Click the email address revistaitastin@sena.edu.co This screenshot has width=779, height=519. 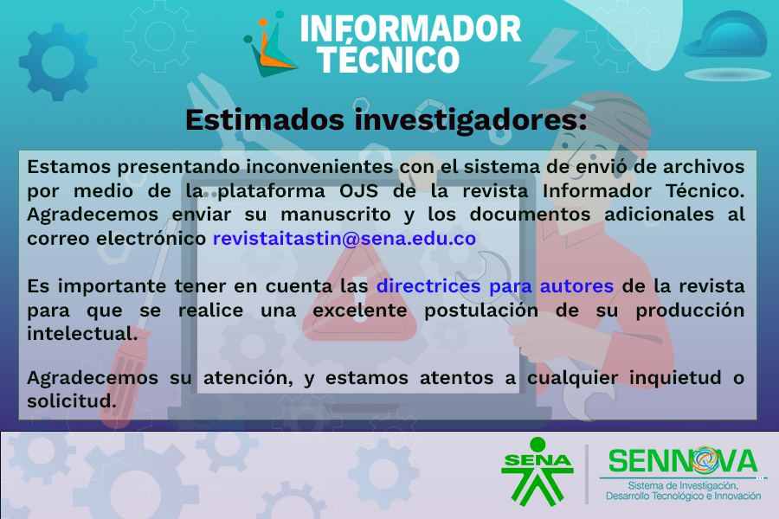(344, 239)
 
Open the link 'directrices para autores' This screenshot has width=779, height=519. (495, 286)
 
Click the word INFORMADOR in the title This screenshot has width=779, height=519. (410, 29)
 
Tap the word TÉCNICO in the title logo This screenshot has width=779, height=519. (389, 60)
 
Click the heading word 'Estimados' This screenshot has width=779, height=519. (265, 119)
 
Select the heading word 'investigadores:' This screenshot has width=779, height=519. (471, 121)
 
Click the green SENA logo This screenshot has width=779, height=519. (537, 471)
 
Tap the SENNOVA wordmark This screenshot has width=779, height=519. (683, 461)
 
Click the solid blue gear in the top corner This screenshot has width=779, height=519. (58, 62)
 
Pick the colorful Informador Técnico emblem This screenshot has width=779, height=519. (270, 44)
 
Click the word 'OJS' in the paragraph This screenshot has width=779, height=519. (358, 191)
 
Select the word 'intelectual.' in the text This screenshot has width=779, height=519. (82, 334)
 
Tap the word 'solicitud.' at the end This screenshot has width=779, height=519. (72, 401)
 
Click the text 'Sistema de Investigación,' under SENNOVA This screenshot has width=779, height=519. (683, 485)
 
